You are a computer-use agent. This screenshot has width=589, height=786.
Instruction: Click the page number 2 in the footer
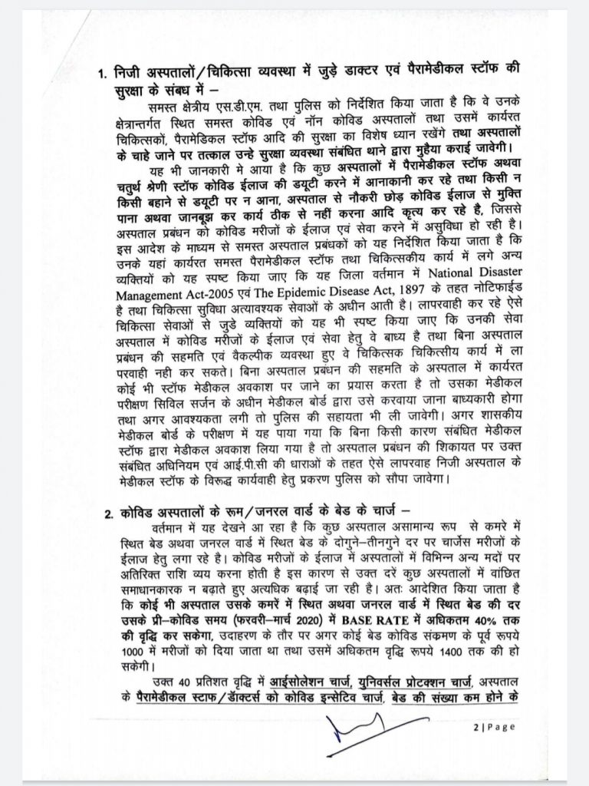point(475,728)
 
